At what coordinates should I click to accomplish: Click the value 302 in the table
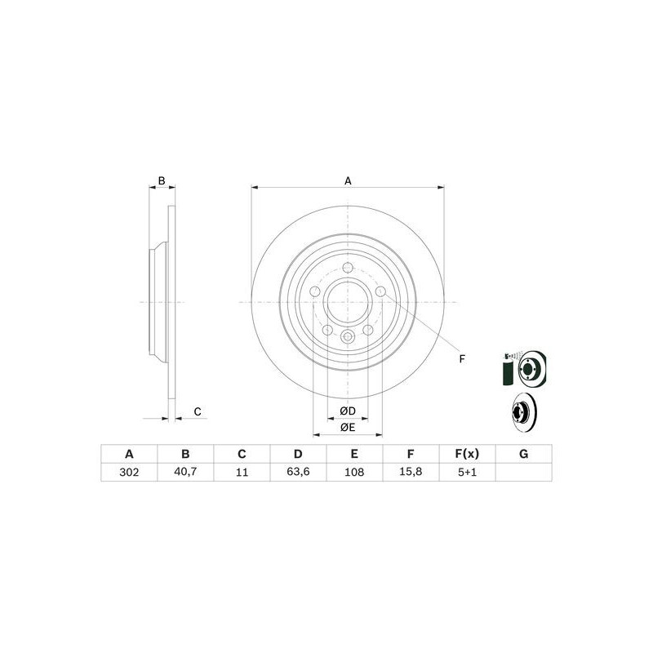(x=128, y=473)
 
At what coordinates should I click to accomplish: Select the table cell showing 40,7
(x=185, y=473)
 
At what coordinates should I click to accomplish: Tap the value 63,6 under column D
(x=298, y=473)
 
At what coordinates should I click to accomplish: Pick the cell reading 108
(x=354, y=473)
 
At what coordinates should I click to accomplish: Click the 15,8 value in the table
(x=411, y=473)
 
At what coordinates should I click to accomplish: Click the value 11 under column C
(x=242, y=473)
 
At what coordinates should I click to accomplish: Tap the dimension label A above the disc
(x=348, y=180)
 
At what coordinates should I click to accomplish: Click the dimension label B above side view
(x=162, y=180)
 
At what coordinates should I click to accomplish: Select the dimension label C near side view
(x=198, y=411)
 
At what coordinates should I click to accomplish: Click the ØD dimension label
(x=348, y=410)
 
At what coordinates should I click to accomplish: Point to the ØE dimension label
(x=348, y=427)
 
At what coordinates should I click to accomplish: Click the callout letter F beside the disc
(x=461, y=359)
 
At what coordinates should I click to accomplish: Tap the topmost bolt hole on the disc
(x=348, y=269)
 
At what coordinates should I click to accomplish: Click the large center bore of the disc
(x=348, y=302)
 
